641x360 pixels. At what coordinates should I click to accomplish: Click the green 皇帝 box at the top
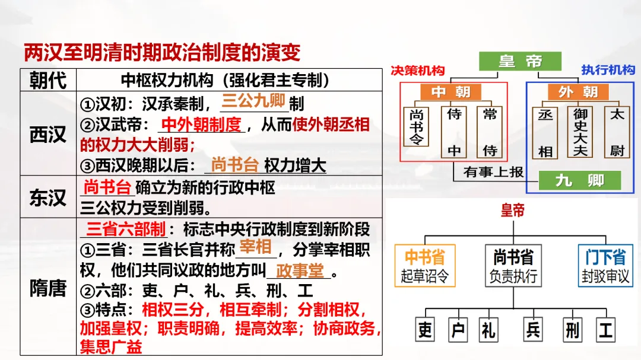click(520, 61)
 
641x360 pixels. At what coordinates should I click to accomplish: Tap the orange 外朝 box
click(577, 92)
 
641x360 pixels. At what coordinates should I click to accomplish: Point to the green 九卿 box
click(579, 180)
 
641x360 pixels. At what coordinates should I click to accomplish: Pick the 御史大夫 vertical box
click(580, 132)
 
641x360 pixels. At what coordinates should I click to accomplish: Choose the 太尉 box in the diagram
click(617, 132)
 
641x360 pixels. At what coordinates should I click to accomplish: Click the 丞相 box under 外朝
click(545, 132)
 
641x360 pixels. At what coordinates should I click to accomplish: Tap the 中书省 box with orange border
click(425, 265)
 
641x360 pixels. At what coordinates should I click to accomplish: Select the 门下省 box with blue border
click(605, 265)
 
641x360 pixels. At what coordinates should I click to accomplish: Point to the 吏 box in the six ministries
click(425, 330)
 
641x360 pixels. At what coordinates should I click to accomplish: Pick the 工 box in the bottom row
click(605, 330)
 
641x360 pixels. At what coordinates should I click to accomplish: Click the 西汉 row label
click(48, 134)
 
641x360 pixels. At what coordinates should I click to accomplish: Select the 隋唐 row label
click(48, 288)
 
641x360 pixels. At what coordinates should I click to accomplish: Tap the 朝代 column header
click(48, 80)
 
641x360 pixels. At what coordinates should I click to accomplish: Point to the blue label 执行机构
click(608, 70)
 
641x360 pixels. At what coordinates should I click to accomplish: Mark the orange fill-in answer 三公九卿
click(253, 100)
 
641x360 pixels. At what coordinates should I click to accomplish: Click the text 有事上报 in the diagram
click(494, 172)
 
